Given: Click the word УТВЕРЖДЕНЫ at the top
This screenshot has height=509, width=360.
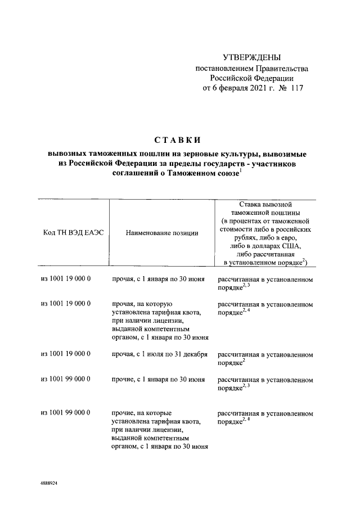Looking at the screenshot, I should (251, 57).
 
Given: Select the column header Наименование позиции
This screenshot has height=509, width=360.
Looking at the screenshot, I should (161, 232).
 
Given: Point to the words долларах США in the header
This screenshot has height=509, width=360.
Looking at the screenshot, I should (276, 246).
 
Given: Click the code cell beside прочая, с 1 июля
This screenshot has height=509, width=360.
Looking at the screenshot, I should (66, 354).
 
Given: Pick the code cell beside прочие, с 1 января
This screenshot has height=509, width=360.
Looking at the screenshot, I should (66, 380).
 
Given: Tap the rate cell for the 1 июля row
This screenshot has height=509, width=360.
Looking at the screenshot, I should (264, 358).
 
